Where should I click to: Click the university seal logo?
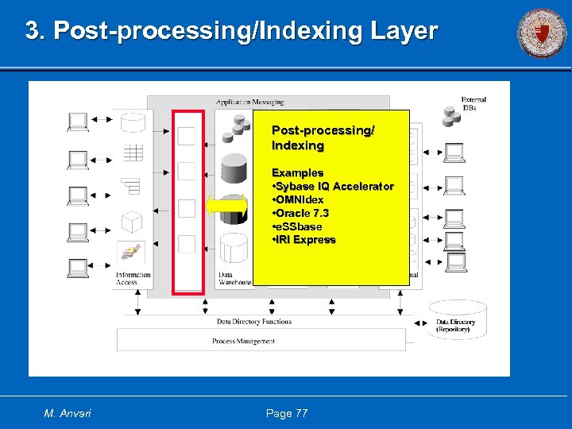542,33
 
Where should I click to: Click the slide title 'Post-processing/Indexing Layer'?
231,31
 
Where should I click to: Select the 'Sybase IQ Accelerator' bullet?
333,186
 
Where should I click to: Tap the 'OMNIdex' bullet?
298,199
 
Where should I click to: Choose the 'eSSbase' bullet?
297,226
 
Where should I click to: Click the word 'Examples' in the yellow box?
297,172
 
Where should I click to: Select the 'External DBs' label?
473,103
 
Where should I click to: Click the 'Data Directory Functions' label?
253,322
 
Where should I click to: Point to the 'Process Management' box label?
243,341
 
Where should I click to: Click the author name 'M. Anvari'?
68,413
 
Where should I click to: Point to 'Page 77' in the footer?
287,413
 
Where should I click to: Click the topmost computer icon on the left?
78,122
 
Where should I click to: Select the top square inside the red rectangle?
186,136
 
